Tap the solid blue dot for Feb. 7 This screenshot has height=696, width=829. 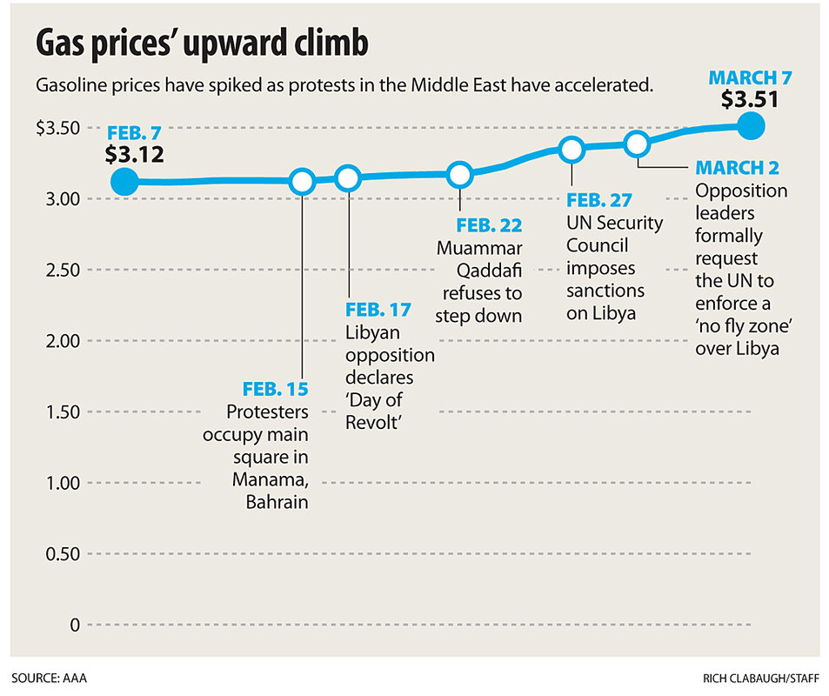(x=124, y=182)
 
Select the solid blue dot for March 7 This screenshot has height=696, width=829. (x=751, y=127)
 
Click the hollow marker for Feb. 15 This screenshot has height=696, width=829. (x=302, y=182)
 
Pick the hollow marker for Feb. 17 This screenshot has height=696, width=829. (x=348, y=178)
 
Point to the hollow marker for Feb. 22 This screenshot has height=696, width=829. (x=460, y=175)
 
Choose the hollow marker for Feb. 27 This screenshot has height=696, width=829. (x=572, y=150)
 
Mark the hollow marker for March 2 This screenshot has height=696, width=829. (x=637, y=144)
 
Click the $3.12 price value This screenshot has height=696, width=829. (x=134, y=156)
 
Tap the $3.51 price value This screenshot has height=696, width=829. (x=749, y=99)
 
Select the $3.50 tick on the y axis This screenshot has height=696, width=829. (x=58, y=128)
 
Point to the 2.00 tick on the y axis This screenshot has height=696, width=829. (x=63, y=341)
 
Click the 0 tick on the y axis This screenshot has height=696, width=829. (x=76, y=626)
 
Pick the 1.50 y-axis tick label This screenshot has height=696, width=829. (x=63, y=412)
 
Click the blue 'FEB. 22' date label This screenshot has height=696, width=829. (x=489, y=226)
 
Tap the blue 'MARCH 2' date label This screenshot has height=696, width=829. (x=741, y=166)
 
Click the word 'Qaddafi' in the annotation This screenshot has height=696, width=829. (x=481, y=270)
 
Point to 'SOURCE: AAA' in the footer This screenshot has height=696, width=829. (x=50, y=676)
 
